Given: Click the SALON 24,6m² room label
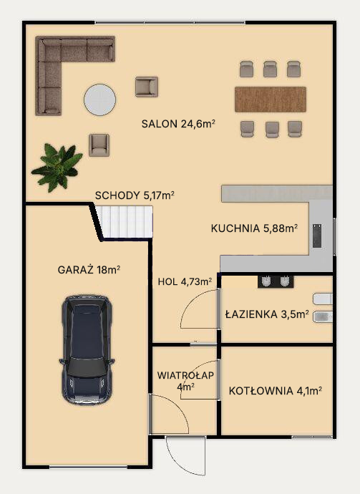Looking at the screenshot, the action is (x=178, y=124).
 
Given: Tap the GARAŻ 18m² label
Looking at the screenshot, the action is (x=89, y=270).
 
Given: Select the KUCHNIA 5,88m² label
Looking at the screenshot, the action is (x=254, y=228).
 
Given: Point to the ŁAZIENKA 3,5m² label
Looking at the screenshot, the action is (x=267, y=314).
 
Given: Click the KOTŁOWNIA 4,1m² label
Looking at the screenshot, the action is (x=276, y=391).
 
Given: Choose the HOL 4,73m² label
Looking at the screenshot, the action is (x=185, y=281).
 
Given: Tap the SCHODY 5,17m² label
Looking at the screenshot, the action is (x=135, y=195).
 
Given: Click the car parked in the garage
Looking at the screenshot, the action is (x=87, y=350).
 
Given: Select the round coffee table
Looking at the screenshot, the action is (x=100, y=100).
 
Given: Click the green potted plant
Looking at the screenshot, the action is (x=57, y=167).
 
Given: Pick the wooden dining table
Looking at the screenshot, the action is (x=271, y=100).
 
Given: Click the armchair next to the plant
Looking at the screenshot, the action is (x=99, y=145).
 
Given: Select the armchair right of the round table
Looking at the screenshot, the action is (x=147, y=87).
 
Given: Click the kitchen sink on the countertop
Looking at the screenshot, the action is (x=317, y=236).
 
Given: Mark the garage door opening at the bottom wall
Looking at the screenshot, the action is (x=88, y=467).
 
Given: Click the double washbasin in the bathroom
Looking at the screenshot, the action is (x=276, y=281).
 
